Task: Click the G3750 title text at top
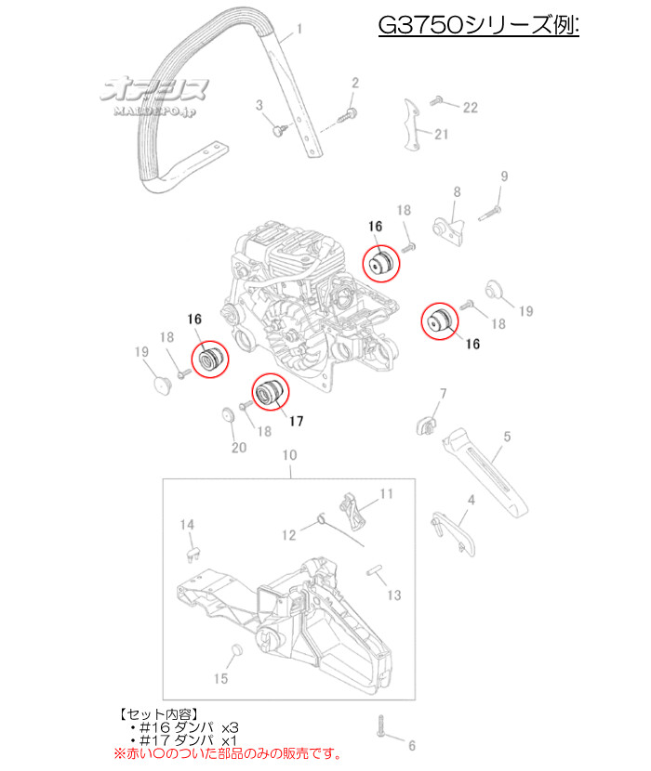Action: tap(478, 24)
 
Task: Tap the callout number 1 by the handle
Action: tap(299, 30)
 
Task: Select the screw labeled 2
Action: tap(347, 115)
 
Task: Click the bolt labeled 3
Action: tap(280, 130)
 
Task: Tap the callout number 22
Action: tap(471, 108)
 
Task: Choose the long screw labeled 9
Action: tap(489, 214)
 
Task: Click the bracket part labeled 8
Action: tap(449, 230)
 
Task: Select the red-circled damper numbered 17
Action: tap(270, 392)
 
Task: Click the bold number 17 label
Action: tap(296, 421)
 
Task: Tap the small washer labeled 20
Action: tap(228, 414)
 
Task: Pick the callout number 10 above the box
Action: tap(289, 455)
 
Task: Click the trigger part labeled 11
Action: tap(352, 512)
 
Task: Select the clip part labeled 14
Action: tap(193, 554)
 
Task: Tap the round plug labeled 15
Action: tap(237, 650)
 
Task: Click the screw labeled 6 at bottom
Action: tap(381, 726)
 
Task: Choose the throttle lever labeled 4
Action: tap(454, 533)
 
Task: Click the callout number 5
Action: tap(507, 437)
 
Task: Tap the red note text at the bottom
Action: tap(228, 753)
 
